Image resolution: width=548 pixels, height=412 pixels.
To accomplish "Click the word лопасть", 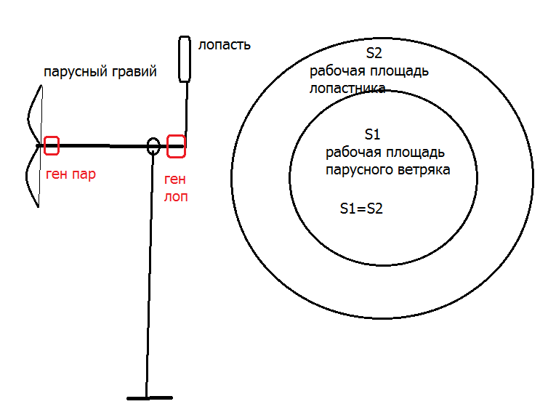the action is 225,46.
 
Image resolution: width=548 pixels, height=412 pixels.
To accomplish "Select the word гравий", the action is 134,72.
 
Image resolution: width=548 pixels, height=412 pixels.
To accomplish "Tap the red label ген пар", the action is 70,174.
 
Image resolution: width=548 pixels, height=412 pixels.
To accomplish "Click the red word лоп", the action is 176,197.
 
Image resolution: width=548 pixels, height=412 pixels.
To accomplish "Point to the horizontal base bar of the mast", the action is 150,398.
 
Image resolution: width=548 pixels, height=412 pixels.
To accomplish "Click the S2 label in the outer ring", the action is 374,53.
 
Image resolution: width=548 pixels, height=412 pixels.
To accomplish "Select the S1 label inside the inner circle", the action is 372,134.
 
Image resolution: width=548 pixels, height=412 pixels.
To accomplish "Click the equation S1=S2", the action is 361,209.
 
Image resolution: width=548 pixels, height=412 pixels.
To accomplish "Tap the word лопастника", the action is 347,89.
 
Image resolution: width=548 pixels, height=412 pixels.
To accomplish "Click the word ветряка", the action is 427,171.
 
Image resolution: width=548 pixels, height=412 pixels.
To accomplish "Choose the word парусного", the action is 362,171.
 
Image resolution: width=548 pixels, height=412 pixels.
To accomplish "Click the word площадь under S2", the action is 400,72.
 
